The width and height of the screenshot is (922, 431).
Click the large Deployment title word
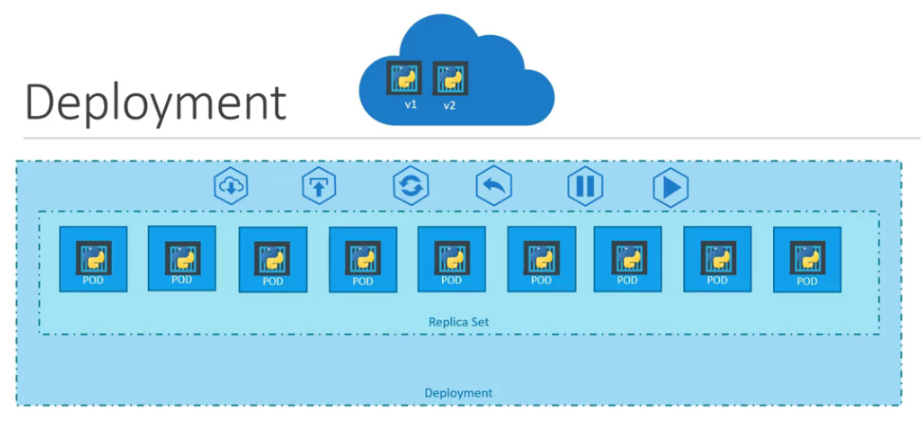pos(155,103)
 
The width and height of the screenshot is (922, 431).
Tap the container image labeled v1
pos(403,77)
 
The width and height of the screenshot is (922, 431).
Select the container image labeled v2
pos(450,78)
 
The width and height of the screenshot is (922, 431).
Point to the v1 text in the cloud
pos(411,104)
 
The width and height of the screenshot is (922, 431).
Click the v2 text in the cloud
pos(450,105)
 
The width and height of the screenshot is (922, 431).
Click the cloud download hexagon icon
pos(230,186)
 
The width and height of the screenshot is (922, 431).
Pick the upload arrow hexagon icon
pos(319,186)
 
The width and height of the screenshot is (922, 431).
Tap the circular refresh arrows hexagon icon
pos(411,186)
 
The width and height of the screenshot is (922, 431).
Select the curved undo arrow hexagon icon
pos(493,186)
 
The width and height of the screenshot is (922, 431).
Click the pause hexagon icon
pos(584,186)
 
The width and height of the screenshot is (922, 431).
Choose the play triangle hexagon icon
pos(670,186)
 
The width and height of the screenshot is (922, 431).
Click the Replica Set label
pos(458,323)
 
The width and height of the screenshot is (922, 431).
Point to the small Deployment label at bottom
pos(458,392)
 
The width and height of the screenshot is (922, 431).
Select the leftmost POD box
pos(93,259)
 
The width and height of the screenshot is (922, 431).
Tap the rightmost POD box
pos(807,258)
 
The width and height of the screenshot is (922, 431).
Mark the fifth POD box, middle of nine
pos(452,259)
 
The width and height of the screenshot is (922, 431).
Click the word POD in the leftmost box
pos(93,280)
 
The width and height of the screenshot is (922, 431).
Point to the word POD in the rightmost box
pos(807,280)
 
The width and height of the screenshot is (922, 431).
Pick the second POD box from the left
pos(182,258)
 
